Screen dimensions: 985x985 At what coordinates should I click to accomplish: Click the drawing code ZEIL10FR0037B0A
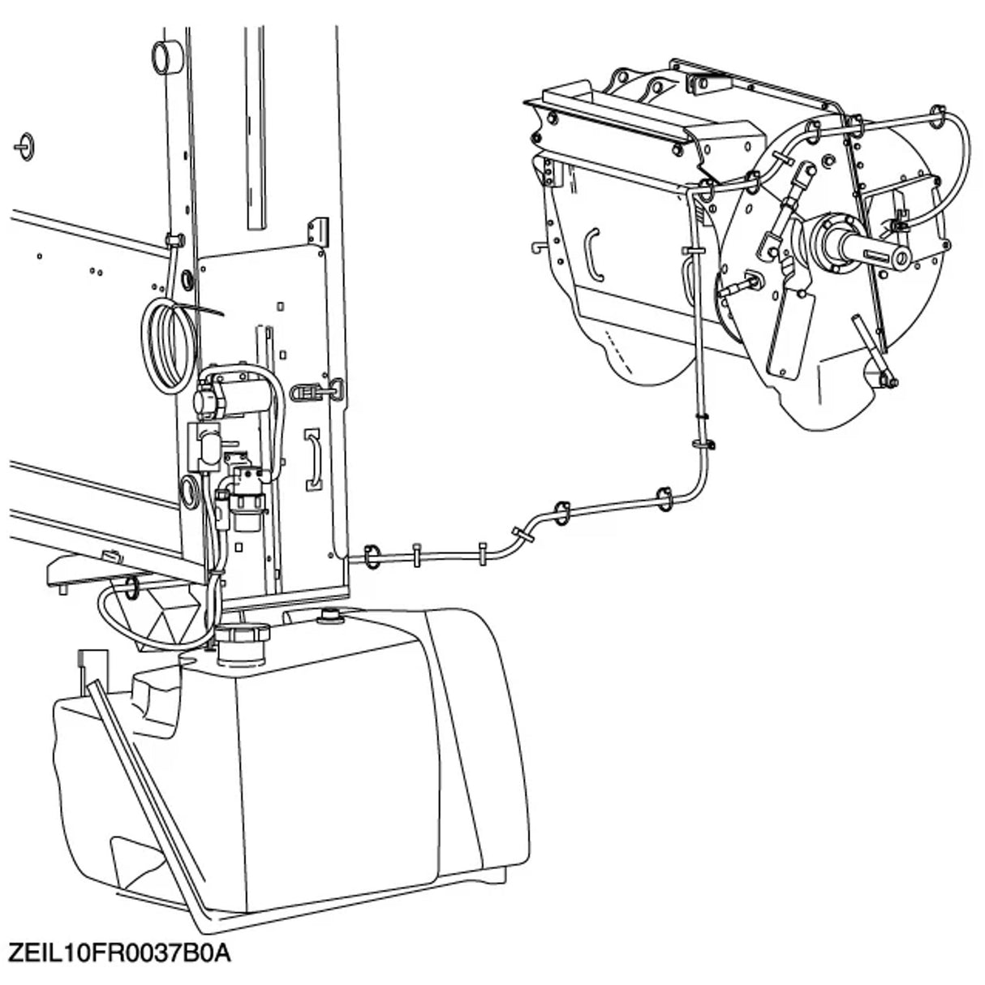(x=119, y=952)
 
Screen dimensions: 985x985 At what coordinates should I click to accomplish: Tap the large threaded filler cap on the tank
(x=242, y=640)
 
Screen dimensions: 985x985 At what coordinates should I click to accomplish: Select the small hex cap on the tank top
(x=332, y=617)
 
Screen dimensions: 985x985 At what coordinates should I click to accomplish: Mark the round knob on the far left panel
(x=26, y=143)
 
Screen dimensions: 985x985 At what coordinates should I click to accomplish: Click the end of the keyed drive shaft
(x=901, y=258)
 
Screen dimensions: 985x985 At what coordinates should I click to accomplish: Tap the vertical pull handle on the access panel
(x=313, y=461)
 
